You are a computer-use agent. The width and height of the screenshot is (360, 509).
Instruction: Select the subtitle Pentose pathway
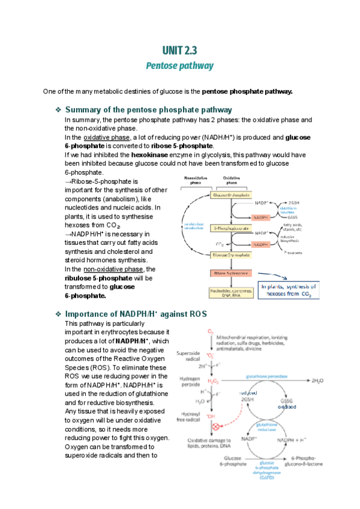pos(179,65)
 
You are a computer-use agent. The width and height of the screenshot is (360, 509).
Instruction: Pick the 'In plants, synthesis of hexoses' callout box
pos(287,290)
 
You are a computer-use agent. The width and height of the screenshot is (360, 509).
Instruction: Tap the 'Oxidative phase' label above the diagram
pos(232,179)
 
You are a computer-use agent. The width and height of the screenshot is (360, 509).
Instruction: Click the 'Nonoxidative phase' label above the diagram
pos(196,179)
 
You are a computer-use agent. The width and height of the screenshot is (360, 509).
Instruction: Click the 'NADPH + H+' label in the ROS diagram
pos(293,440)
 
